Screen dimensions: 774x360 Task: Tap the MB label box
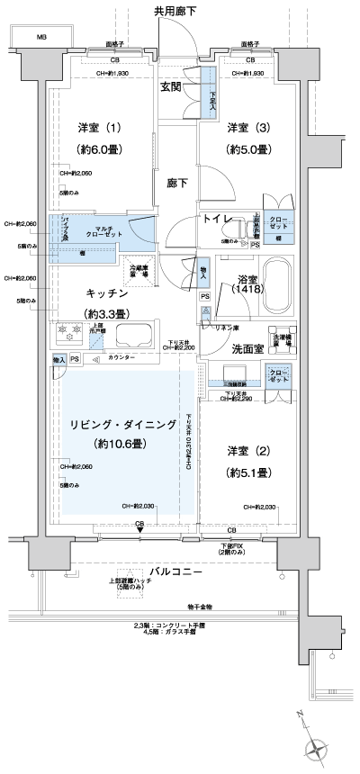click(41, 38)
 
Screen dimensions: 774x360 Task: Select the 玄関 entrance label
click(172, 87)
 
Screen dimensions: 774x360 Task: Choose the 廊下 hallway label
click(178, 183)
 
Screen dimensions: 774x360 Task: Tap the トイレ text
click(219, 219)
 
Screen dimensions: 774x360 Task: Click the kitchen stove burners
click(67, 334)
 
